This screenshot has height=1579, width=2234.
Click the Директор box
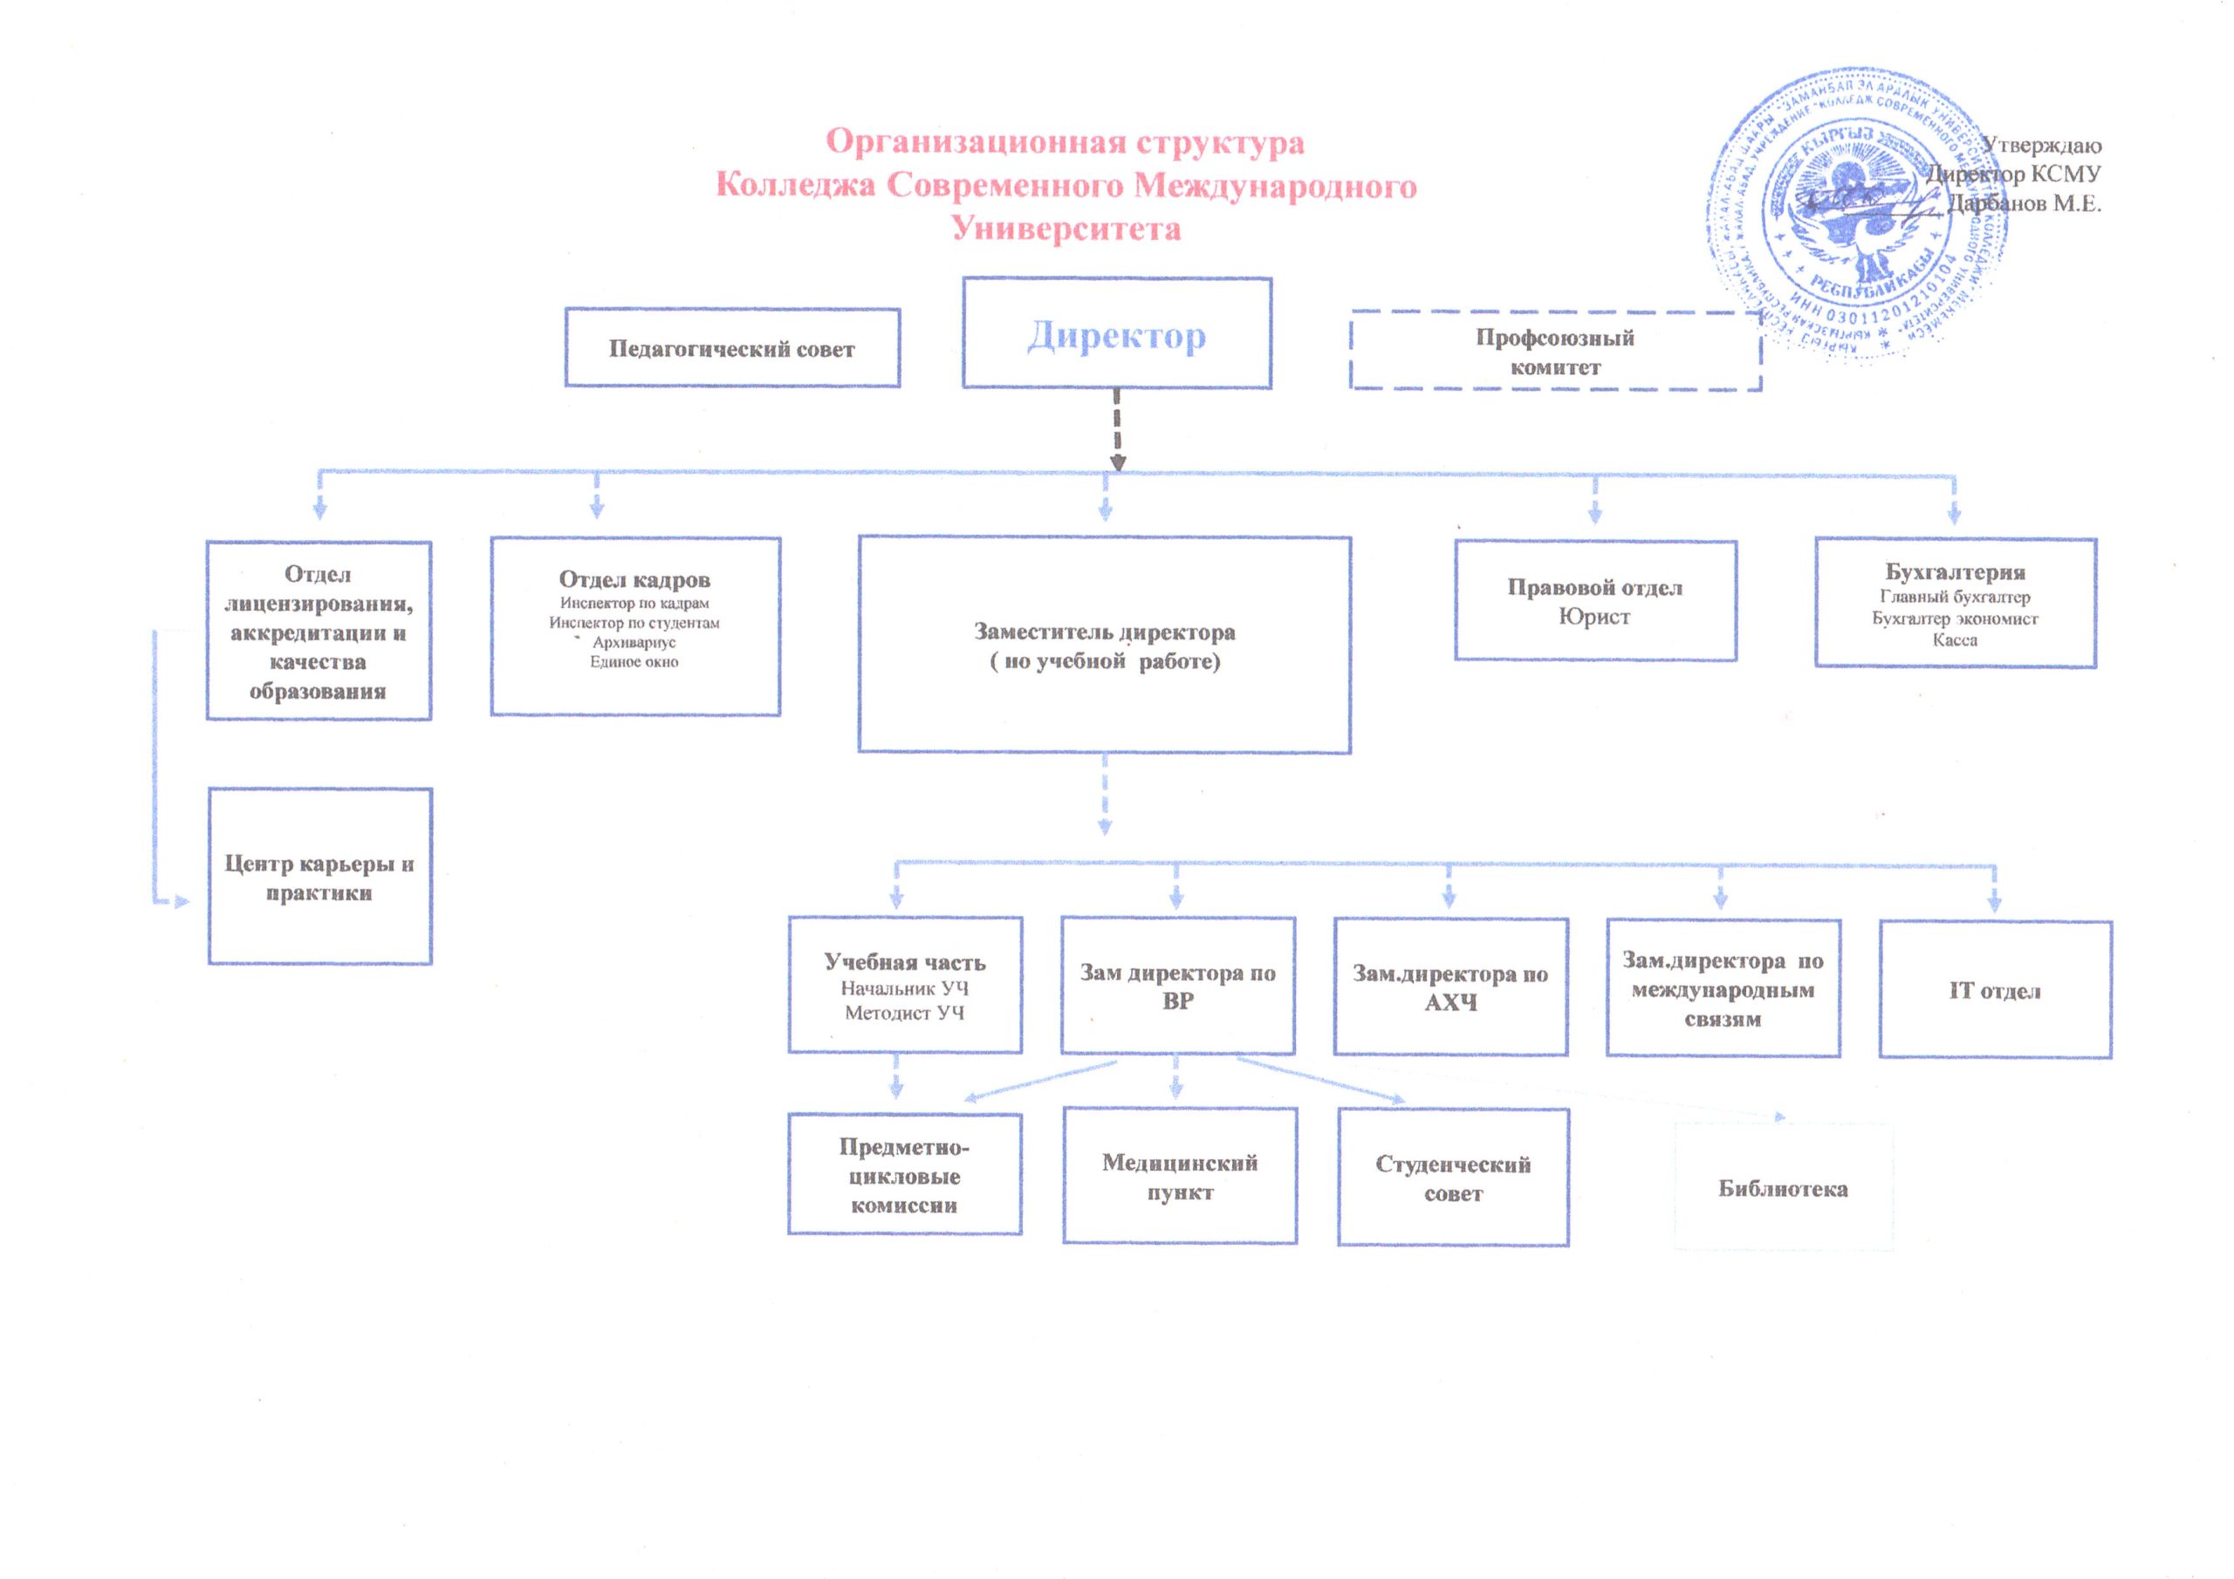click(x=1116, y=334)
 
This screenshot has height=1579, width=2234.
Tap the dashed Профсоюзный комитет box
click(x=1554, y=352)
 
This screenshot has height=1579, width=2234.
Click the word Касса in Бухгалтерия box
click(x=1954, y=640)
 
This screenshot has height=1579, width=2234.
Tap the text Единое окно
click(x=634, y=662)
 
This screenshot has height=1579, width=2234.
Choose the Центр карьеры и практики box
click(x=319, y=877)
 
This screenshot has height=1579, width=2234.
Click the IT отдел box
click(x=1994, y=990)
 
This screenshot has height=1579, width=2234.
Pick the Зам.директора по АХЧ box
click(x=1449, y=987)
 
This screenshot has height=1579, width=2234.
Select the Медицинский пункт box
click(x=1179, y=1176)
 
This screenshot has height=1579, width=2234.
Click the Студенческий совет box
click(x=1453, y=1179)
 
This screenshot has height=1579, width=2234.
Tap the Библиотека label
click(x=1783, y=1188)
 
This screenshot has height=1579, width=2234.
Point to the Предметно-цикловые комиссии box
click(x=904, y=1175)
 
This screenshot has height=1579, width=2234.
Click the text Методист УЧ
click(x=904, y=1013)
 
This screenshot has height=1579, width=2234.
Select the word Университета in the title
click(x=1066, y=229)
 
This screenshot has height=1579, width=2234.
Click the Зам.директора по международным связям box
click(x=1723, y=988)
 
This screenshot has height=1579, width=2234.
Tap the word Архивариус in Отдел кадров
click(x=634, y=643)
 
